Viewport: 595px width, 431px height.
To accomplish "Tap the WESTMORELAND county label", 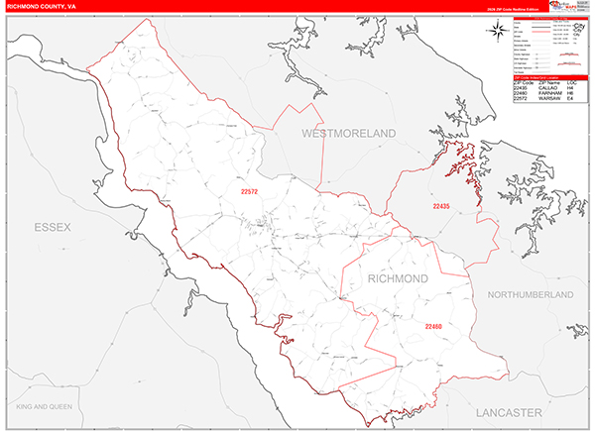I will [348, 132].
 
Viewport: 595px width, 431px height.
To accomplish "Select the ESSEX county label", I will [53, 227].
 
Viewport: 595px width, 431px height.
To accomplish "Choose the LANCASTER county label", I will [509, 410].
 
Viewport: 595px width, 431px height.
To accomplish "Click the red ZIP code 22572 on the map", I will [250, 191].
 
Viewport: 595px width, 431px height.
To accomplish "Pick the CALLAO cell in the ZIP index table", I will [547, 88].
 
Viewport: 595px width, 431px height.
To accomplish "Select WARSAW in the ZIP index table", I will [548, 100].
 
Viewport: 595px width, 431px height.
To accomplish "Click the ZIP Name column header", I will [548, 82].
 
